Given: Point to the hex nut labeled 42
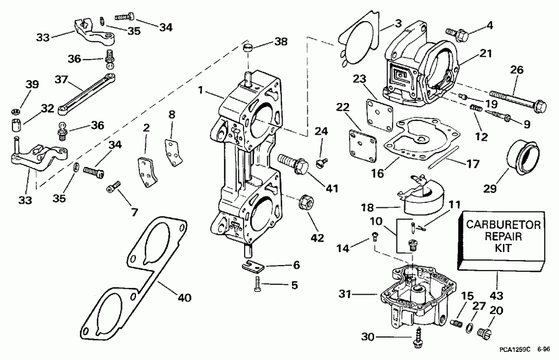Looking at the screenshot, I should [x=306, y=201].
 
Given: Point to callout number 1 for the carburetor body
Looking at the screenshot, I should [x=199, y=90].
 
